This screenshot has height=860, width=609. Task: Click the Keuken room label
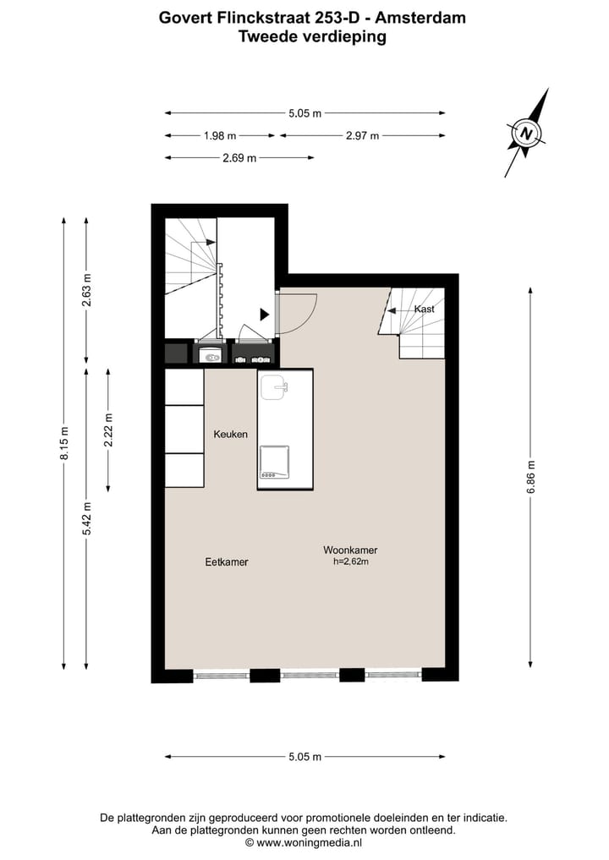point(231,434)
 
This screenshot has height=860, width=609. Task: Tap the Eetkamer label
point(227,561)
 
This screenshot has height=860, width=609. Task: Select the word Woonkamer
point(350,550)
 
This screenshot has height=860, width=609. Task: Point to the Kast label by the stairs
point(424,309)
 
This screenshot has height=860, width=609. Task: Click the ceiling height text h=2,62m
point(351,561)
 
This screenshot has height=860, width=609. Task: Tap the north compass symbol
point(527,134)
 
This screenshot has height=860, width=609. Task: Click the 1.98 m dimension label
point(220,135)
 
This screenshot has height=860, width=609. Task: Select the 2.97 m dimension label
point(362,135)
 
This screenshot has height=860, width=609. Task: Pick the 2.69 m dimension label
point(239,158)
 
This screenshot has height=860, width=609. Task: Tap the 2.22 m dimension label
point(109,430)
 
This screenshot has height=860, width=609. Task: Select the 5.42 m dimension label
point(86,518)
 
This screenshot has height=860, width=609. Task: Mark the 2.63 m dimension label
point(86,292)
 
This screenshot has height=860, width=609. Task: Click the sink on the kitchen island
point(275,388)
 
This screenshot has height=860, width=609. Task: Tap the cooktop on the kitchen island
point(274,462)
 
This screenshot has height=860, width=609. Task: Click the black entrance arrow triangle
point(265,315)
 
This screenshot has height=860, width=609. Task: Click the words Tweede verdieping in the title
point(312,36)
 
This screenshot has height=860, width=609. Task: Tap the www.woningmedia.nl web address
point(310,842)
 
